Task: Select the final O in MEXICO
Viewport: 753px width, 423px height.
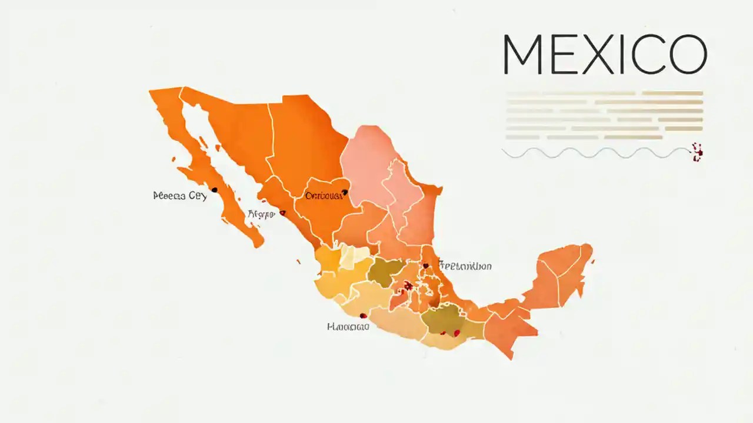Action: click(x=686, y=55)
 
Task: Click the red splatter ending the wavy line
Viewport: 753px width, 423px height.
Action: click(x=698, y=152)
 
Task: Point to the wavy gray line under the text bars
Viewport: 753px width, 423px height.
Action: click(x=594, y=153)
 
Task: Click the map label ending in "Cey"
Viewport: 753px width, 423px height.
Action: click(x=179, y=196)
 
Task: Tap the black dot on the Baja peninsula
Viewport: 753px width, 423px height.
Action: click(x=214, y=190)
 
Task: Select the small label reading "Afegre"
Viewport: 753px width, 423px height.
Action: click(x=261, y=214)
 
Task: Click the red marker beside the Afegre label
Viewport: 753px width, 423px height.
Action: click(x=283, y=213)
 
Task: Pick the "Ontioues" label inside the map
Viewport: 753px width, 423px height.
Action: click(x=323, y=196)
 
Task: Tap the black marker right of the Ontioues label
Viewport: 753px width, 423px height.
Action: click(x=345, y=192)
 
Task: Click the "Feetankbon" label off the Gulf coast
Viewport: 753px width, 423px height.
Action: click(x=465, y=266)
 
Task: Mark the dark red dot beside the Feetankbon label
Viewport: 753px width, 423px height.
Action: click(x=426, y=266)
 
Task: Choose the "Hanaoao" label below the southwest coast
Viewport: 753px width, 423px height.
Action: click(x=348, y=327)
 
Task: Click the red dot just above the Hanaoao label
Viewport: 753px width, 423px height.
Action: click(x=362, y=315)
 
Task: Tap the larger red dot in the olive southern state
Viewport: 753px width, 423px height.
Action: click(x=456, y=333)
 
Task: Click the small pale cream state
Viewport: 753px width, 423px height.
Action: click(x=355, y=257)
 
